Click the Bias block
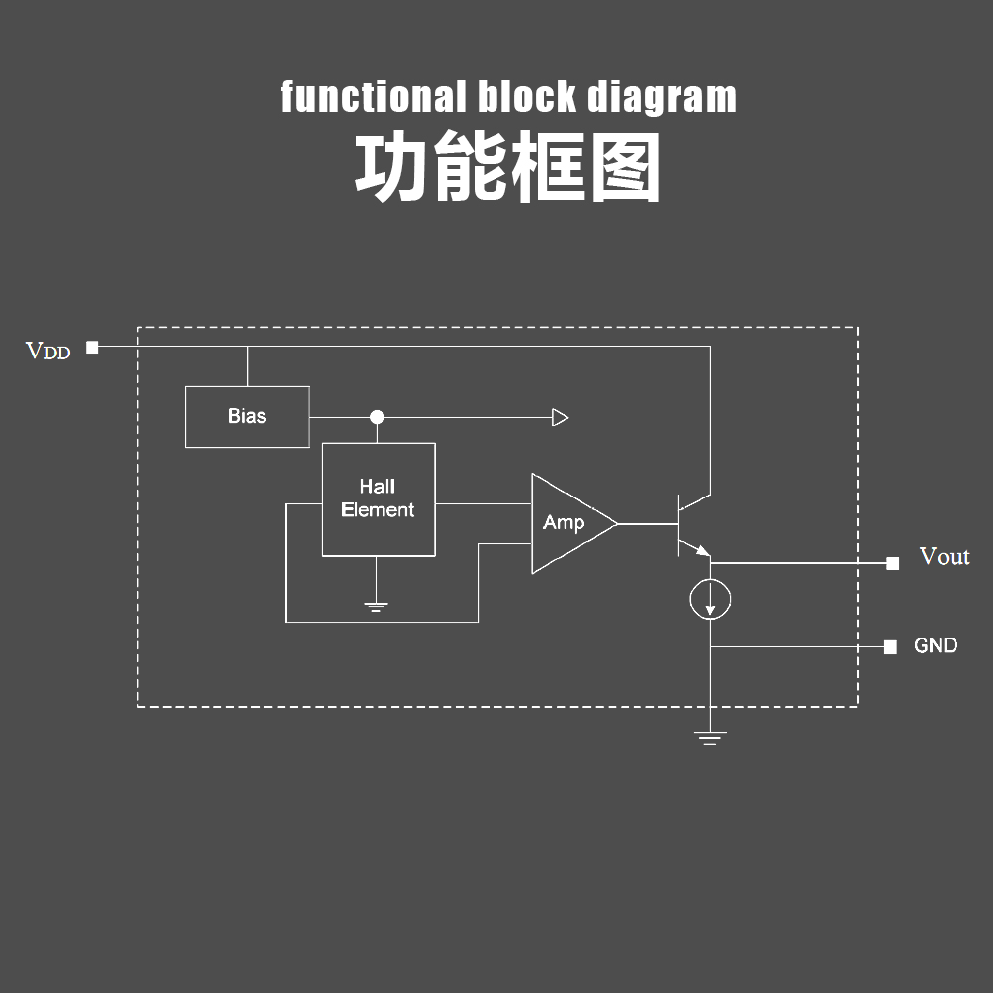click(246, 417)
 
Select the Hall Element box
click(377, 499)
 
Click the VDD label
click(48, 351)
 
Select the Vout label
click(943, 556)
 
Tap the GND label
click(935, 646)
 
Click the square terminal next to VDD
click(92, 347)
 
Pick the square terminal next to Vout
click(892, 563)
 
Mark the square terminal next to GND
click(890, 647)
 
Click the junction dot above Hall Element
click(377, 417)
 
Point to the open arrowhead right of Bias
click(560, 417)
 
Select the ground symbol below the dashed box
click(710, 738)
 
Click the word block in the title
click(526, 98)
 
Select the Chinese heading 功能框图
click(507, 170)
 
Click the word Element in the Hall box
click(377, 510)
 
